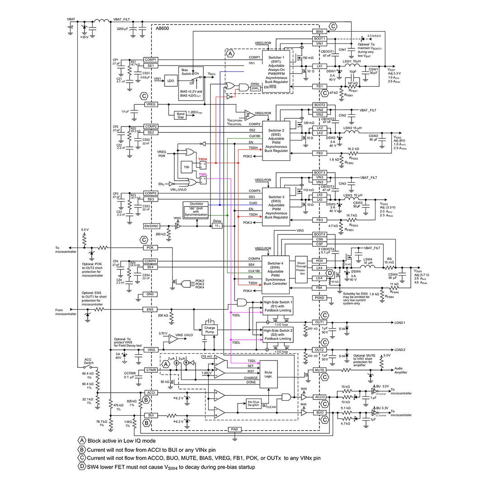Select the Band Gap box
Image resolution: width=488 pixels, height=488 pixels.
[180, 114]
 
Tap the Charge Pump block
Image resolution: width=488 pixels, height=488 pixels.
[209, 330]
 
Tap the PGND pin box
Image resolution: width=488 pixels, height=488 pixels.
[319, 298]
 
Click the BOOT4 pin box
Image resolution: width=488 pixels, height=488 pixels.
[319, 235]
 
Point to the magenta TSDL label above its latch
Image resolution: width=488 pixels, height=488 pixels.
[203, 174]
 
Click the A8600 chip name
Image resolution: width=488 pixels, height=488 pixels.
[163, 28]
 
